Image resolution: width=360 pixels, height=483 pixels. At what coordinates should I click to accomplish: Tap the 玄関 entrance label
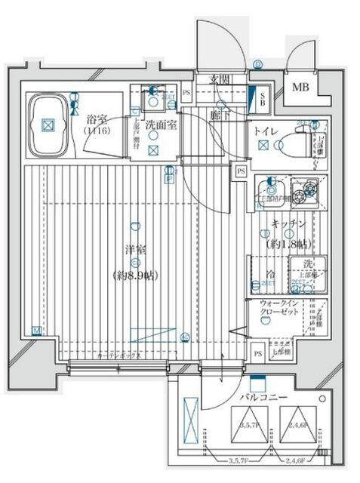click(220, 79)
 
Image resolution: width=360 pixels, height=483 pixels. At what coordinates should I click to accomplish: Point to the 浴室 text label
click(96, 119)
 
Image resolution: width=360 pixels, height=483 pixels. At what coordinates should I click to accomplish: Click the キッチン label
click(288, 224)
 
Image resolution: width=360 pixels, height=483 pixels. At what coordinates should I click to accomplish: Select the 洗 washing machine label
click(309, 263)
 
